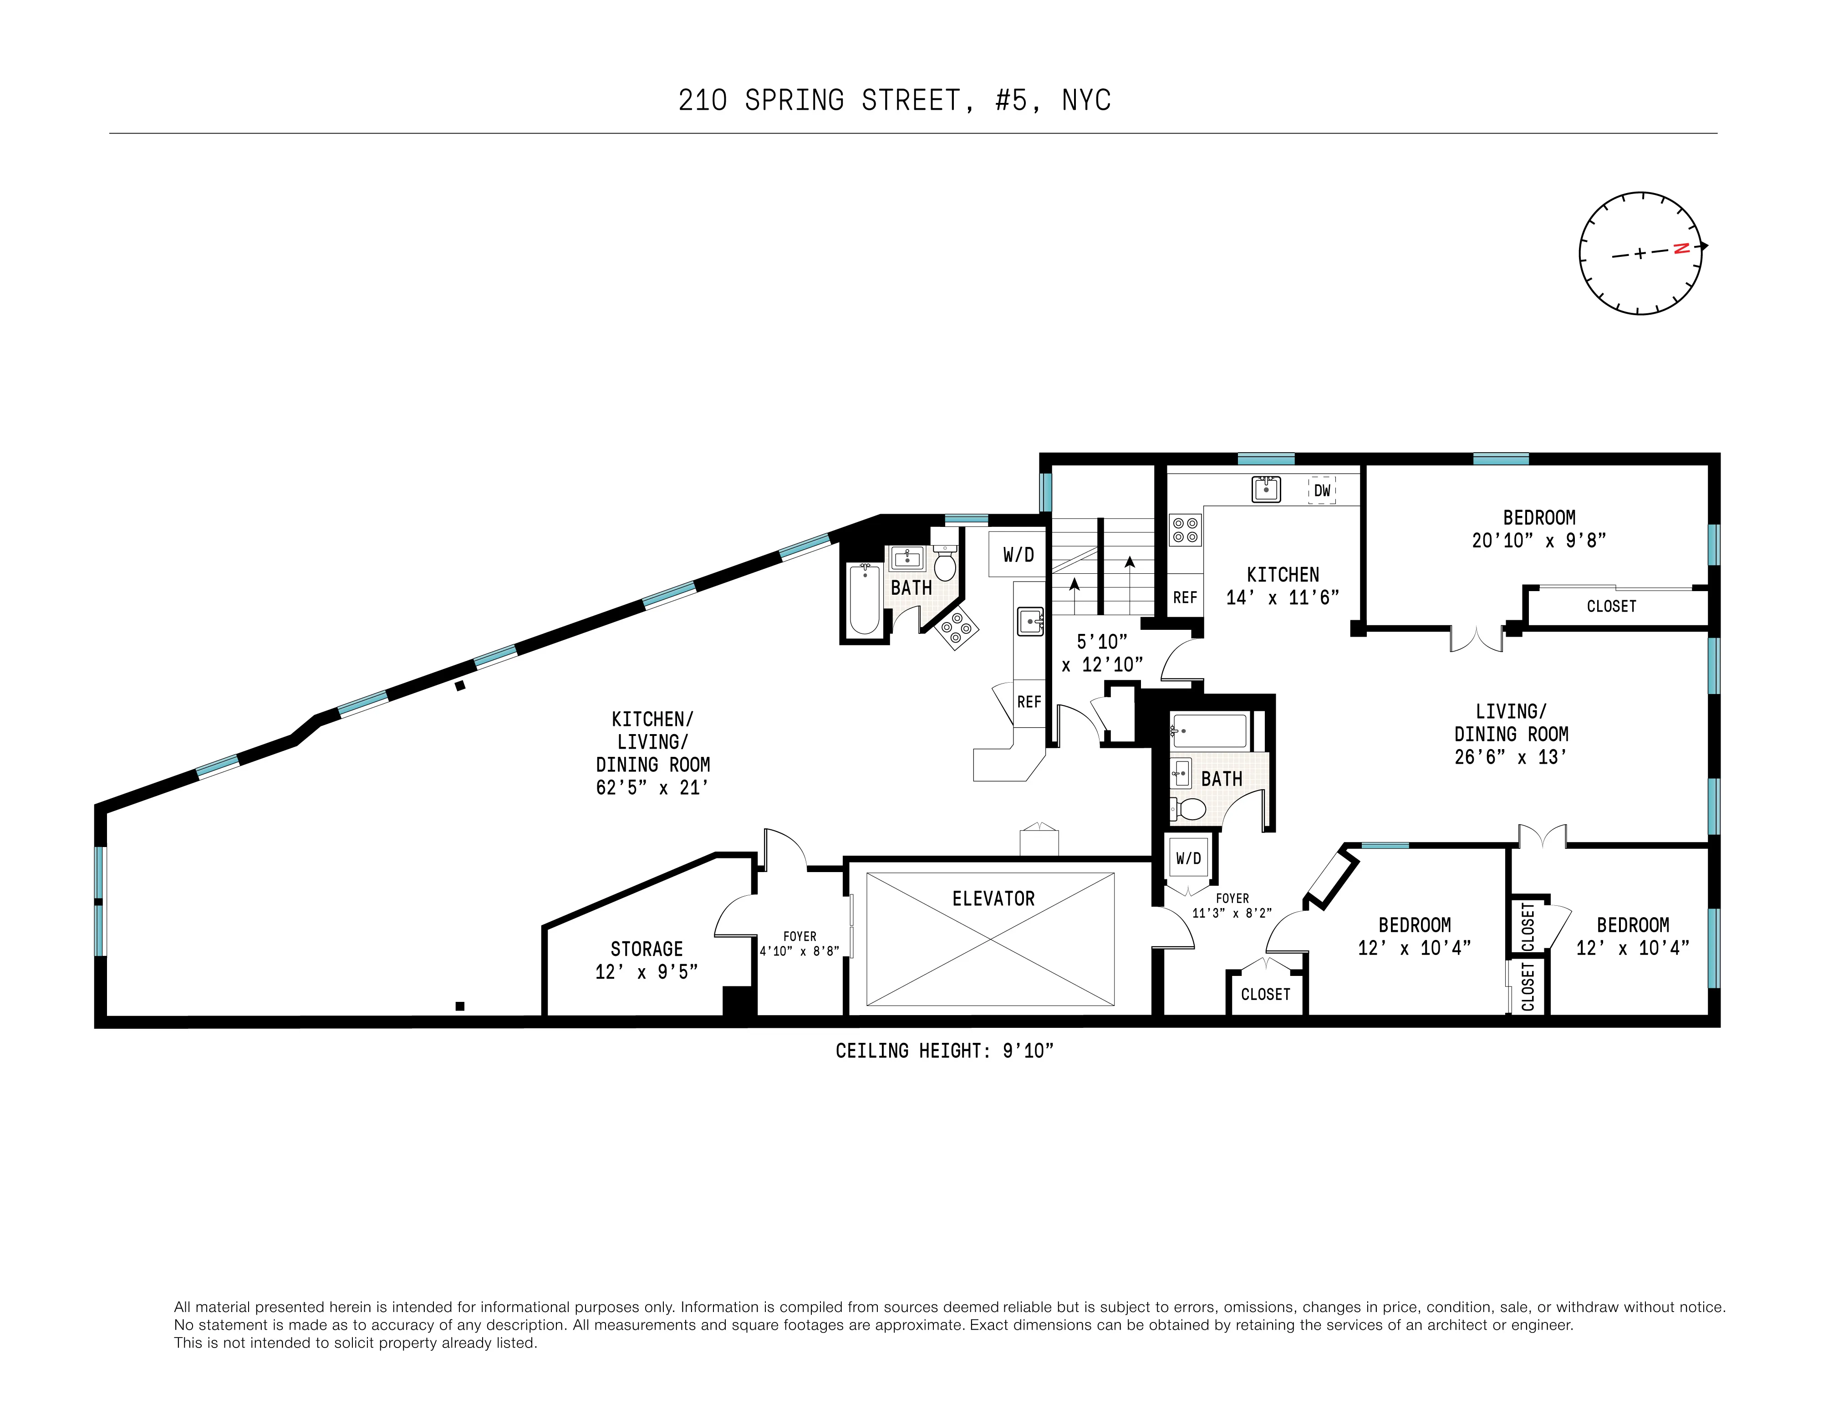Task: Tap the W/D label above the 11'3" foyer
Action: [x=1189, y=858]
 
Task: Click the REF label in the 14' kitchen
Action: [x=1185, y=597]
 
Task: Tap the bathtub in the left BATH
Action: [x=864, y=598]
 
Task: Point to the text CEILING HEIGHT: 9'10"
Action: [x=944, y=1051]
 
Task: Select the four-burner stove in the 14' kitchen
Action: [x=1185, y=528]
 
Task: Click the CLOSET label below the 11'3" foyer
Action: [x=1265, y=994]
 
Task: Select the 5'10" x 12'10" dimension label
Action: [x=1102, y=653]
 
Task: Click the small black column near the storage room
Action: [x=459, y=1006]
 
